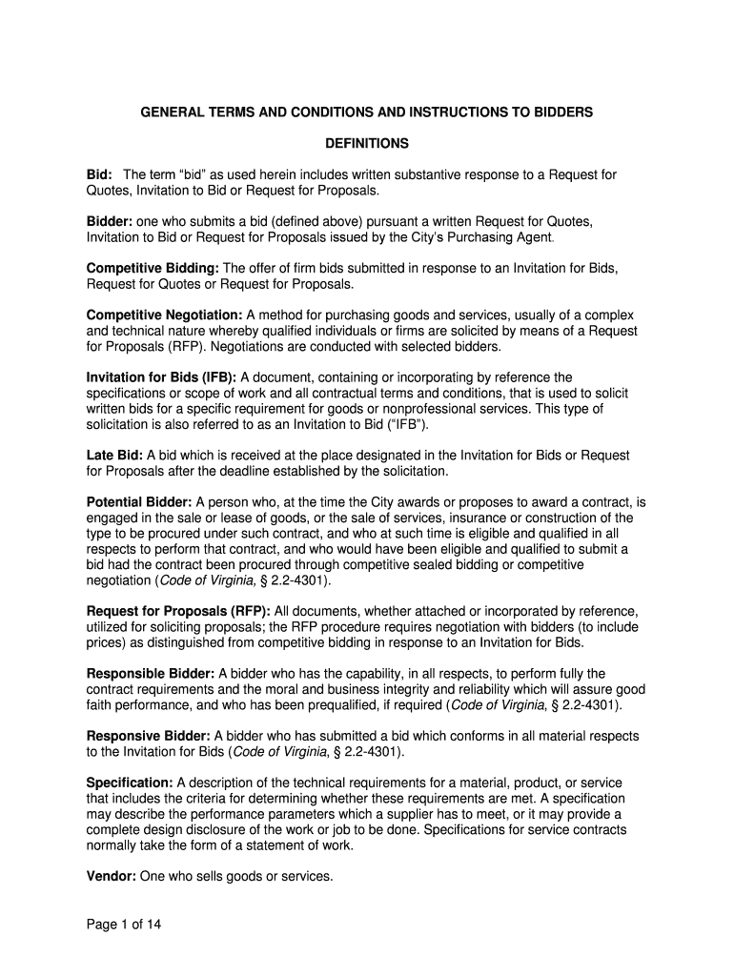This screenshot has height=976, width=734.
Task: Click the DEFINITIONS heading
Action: [x=367, y=144]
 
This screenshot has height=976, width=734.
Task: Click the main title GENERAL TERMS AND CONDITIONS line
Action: [x=367, y=112]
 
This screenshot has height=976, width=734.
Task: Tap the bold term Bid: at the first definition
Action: [x=100, y=175]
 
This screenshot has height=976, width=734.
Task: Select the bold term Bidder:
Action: [x=111, y=222]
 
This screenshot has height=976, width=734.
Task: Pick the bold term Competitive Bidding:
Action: [x=153, y=269]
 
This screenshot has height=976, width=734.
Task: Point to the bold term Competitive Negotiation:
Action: [x=165, y=315]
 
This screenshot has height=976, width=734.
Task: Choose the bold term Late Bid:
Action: [x=114, y=455]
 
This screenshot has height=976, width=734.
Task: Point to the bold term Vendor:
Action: [x=112, y=876]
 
